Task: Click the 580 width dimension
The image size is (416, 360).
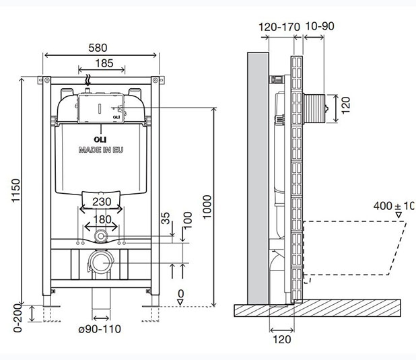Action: coord(101,48)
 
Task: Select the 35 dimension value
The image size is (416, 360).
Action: coord(166,219)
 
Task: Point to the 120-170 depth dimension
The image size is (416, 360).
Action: coord(279,26)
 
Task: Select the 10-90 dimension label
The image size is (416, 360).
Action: coord(320,26)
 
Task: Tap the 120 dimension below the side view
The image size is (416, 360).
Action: coord(283,339)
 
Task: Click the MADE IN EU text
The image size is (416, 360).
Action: coord(100,150)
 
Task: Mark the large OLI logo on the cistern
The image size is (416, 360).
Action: coord(101,140)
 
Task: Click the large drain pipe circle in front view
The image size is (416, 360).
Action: coord(101,261)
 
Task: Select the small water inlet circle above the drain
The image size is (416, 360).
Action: coord(101,236)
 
